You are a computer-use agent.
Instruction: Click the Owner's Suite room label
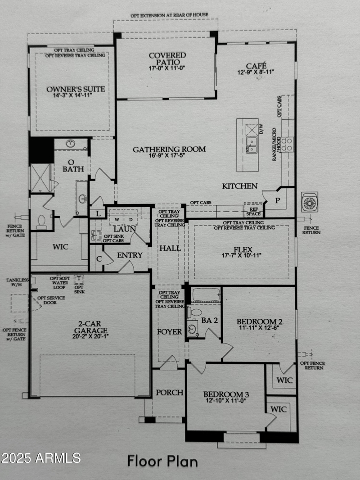coord(76,89)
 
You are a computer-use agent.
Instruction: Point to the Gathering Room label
coord(169,149)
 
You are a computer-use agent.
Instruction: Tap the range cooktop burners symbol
coord(287,144)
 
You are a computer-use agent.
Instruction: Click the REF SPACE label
coord(252,211)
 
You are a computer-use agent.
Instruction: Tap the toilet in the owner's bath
coord(41,222)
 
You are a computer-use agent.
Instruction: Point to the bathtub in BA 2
coord(205,294)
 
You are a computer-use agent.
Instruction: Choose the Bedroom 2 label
coord(260,322)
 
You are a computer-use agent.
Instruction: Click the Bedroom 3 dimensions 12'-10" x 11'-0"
coord(226,400)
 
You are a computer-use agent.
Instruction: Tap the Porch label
coord(169,392)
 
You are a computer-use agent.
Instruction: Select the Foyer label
coord(169,332)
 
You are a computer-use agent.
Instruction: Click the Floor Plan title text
coord(162,461)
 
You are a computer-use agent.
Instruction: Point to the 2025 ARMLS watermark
coord(40,458)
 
